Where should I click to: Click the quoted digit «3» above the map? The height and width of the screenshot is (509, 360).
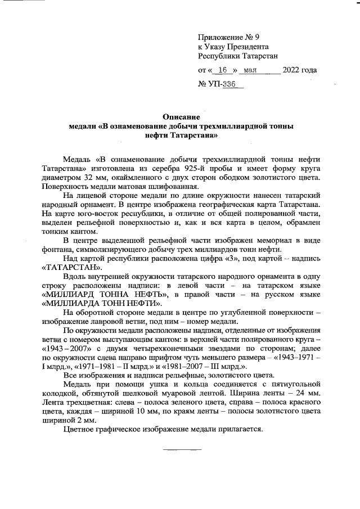click(x=212, y=259)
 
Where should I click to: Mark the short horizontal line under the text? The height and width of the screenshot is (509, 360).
click(x=182, y=449)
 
